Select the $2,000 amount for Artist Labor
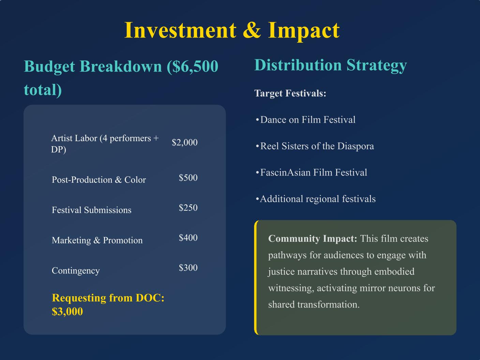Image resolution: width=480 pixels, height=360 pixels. click(184, 142)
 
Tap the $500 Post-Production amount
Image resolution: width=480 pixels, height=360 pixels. click(188, 178)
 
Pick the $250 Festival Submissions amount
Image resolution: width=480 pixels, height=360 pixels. click(188, 207)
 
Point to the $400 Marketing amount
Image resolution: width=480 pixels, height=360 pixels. click(188, 237)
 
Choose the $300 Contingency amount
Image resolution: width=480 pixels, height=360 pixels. click(188, 268)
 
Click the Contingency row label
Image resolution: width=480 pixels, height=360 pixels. click(76, 271)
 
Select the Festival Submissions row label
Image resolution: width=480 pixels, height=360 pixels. click(91, 210)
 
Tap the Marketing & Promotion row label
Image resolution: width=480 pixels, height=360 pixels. click(97, 240)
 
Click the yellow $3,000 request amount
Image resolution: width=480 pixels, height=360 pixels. click(67, 312)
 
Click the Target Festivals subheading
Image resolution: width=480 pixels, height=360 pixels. click(290, 93)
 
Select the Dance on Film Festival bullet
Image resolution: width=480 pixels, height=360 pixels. click(305, 120)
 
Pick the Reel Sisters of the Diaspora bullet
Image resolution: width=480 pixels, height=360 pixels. click(315, 146)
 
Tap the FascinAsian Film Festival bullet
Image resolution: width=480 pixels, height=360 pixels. click(311, 172)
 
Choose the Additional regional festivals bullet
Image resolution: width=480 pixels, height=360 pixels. click(316, 199)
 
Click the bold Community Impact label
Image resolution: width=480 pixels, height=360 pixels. click(313, 239)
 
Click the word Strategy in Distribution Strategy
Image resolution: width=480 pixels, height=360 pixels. click(377, 65)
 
